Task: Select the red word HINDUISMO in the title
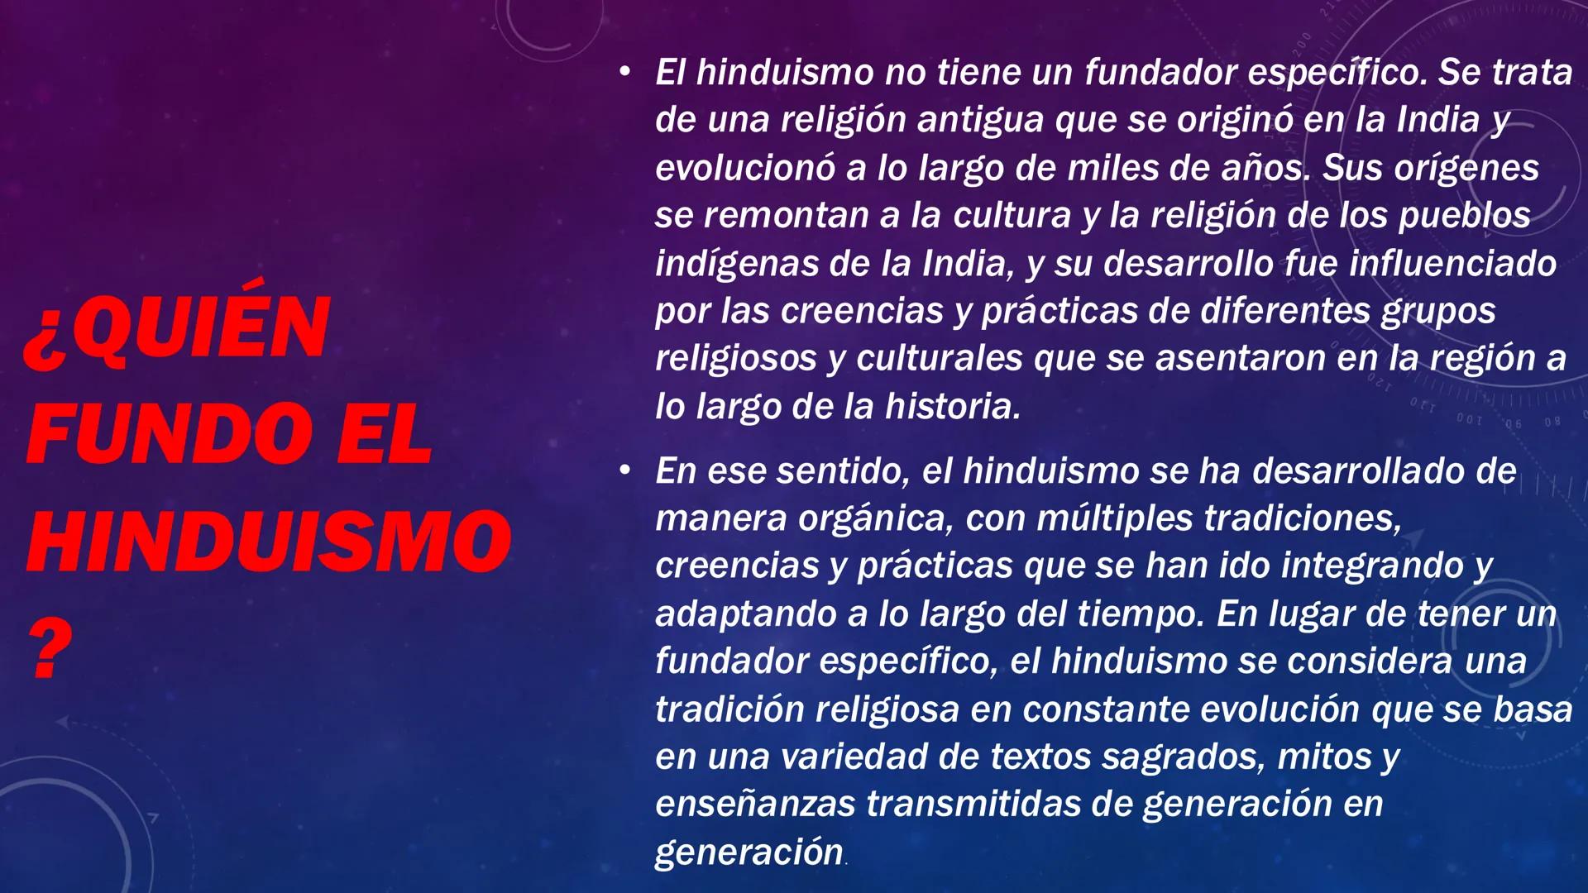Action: (x=270, y=542)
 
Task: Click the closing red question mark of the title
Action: (x=51, y=650)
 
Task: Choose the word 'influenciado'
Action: (x=1452, y=264)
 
